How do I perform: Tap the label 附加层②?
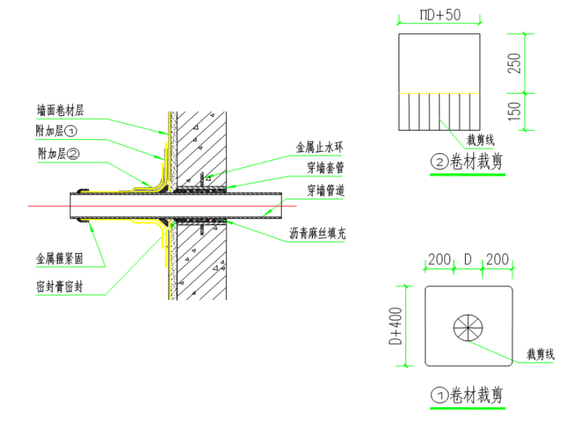[58, 153]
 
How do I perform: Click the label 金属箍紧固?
[60, 258]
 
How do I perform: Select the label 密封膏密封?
[60, 286]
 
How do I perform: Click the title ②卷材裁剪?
[467, 163]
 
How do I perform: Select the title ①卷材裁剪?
[467, 395]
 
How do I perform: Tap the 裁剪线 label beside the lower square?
[541, 354]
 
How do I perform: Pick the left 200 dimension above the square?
[439, 259]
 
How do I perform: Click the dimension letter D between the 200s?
[467, 259]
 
